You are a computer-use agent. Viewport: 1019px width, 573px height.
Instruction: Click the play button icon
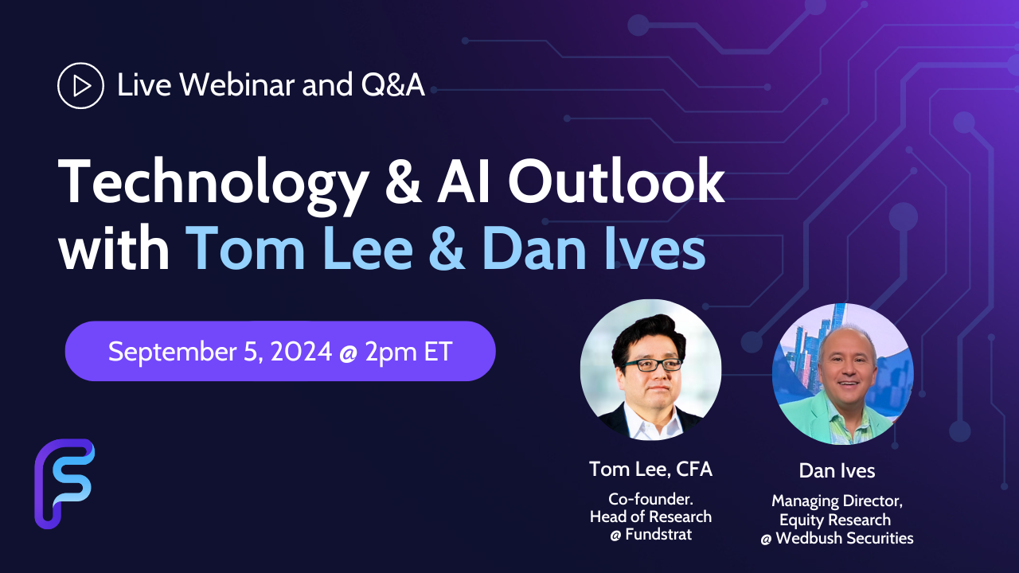click(80, 85)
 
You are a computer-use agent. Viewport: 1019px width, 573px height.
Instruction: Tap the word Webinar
click(237, 84)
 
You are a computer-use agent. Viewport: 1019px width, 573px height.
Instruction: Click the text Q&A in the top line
click(393, 85)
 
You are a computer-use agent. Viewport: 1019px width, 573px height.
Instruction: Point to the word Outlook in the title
click(616, 181)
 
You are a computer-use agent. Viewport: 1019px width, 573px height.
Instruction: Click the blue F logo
click(64, 483)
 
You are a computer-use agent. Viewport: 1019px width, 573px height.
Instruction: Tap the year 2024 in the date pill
click(301, 352)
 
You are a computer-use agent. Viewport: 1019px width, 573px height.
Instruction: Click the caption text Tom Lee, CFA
click(650, 470)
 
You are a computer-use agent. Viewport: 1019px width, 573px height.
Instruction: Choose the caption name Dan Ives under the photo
click(837, 471)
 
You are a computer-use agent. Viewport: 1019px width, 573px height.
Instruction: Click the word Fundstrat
click(658, 534)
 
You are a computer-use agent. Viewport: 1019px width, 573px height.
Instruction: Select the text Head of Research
click(650, 516)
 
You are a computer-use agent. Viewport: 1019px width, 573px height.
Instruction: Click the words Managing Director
click(837, 501)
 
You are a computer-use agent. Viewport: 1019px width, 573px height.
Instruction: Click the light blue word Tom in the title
click(245, 248)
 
